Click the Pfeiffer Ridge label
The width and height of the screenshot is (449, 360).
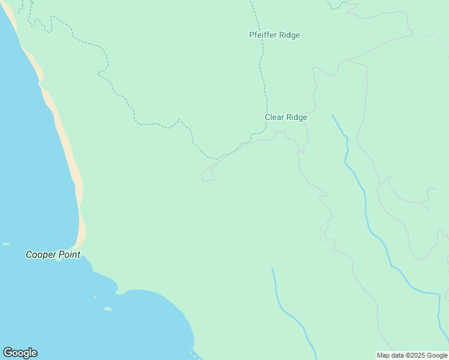point(274,35)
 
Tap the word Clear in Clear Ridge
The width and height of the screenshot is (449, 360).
point(275,118)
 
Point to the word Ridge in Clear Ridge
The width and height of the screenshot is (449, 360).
point(297,118)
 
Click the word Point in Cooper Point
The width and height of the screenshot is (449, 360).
point(69,254)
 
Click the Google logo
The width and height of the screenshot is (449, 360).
point(20,353)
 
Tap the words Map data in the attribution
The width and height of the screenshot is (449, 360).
point(391,355)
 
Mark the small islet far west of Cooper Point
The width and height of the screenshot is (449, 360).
point(6,244)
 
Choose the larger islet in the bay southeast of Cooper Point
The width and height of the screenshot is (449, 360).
point(108,309)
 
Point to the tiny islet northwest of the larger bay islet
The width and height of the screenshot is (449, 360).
point(95,297)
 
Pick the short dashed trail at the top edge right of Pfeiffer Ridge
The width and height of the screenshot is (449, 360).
point(337,6)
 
